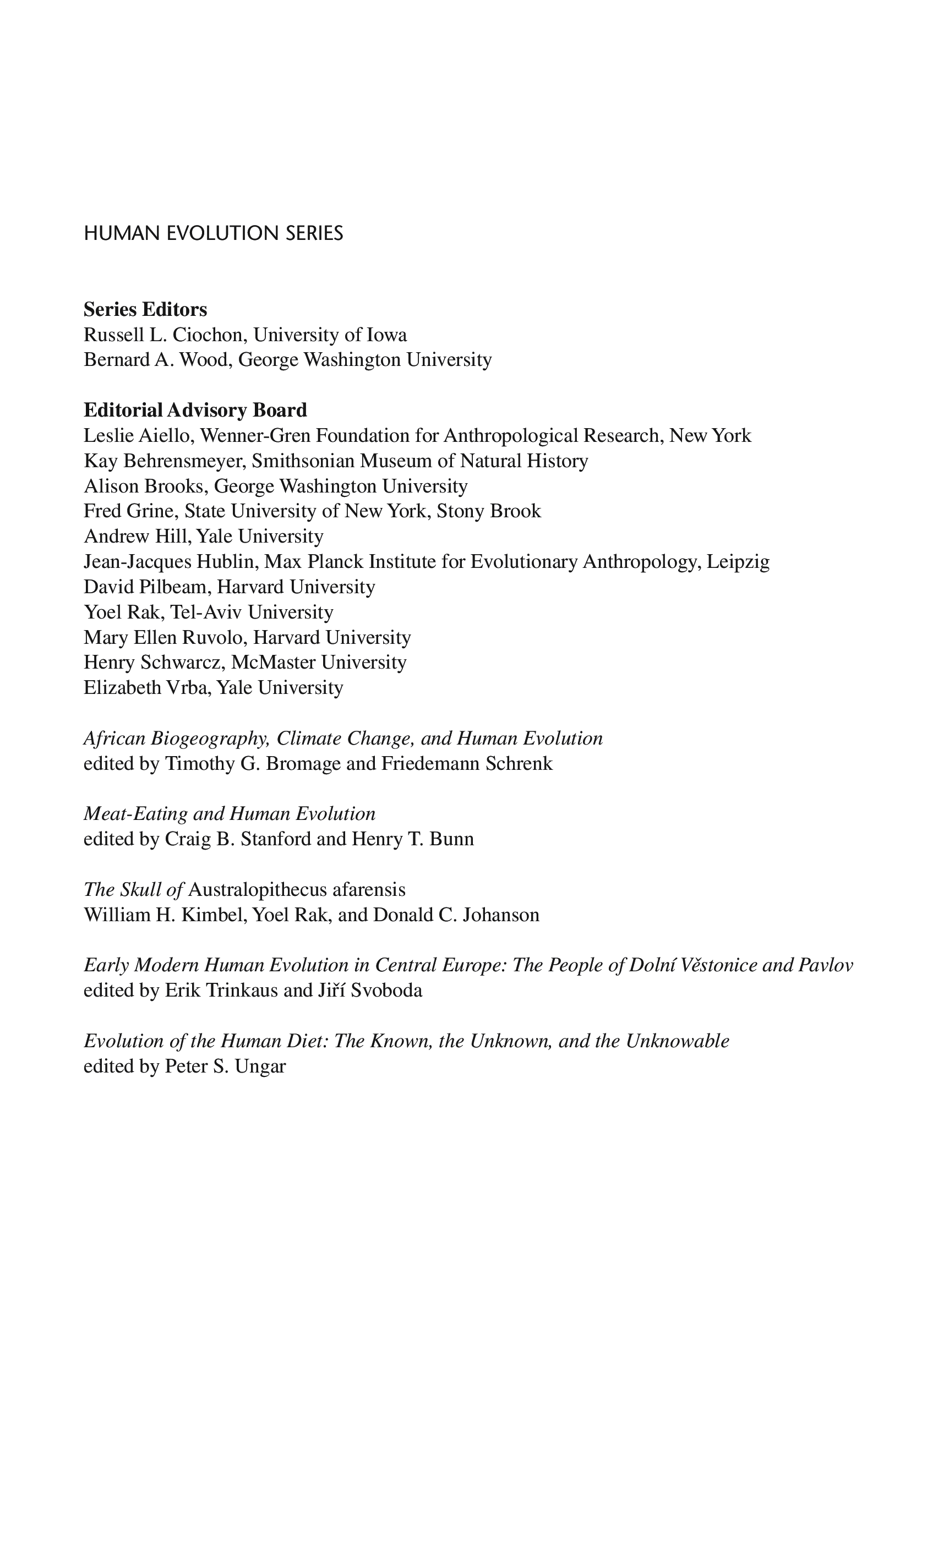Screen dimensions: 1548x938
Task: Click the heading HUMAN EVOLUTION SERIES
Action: [213, 234]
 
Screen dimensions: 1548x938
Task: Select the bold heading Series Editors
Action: [145, 310]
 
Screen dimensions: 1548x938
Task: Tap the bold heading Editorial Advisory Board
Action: [195, 410]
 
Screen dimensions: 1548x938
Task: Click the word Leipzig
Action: [738, 562]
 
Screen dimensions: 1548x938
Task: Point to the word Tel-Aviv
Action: [205, 612]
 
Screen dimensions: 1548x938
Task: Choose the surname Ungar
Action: [259, 1066]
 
